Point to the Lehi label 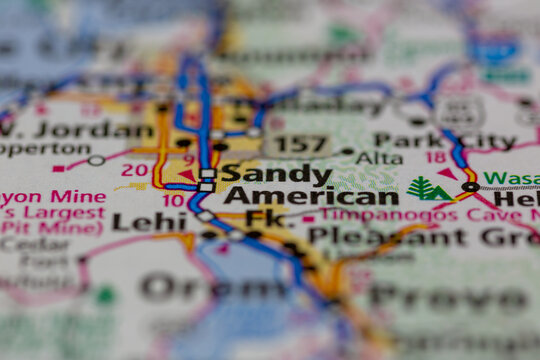[x=149, y=222]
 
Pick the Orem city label [x=191, y=287]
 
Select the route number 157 [x=300, y=144]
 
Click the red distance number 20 [x=134, y=169]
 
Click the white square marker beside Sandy [x=207, y=174]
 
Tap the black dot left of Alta [x=347, y=152]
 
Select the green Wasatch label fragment [x=511, y=178]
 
